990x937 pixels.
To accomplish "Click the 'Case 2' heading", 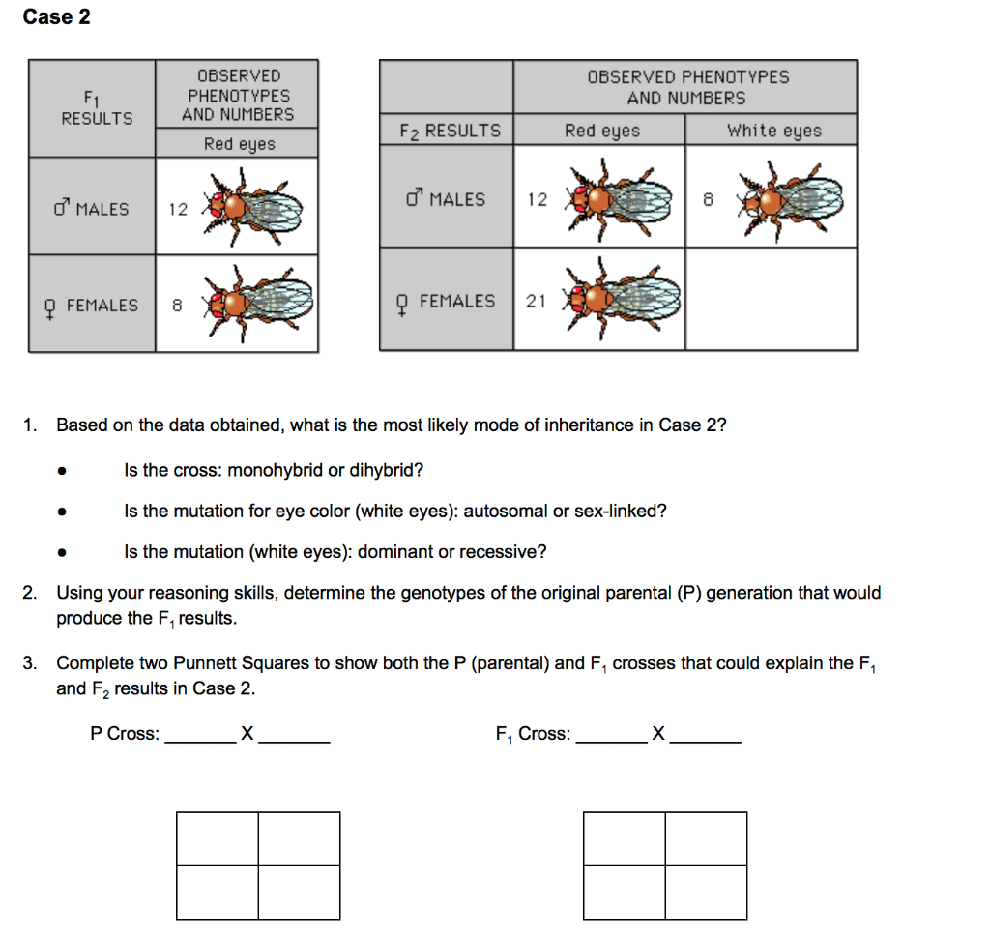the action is (56, 16).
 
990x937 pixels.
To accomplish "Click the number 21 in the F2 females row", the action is (537, 301).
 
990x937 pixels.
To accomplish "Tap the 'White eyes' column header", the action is (773, 131).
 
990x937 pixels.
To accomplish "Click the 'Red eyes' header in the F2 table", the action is (601, 131).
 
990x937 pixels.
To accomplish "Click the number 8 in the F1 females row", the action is (177, 306).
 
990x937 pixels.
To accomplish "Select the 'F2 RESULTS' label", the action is (450, 131).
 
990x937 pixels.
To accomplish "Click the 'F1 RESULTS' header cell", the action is (97, 107).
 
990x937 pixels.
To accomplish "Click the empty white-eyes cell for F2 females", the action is (771, 299).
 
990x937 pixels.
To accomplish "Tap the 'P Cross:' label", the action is (125, 734).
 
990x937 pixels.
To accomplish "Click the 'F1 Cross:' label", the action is (532, 734).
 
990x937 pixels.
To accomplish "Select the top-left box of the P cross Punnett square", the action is (218, 838).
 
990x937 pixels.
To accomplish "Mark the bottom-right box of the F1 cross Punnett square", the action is (706, 892).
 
